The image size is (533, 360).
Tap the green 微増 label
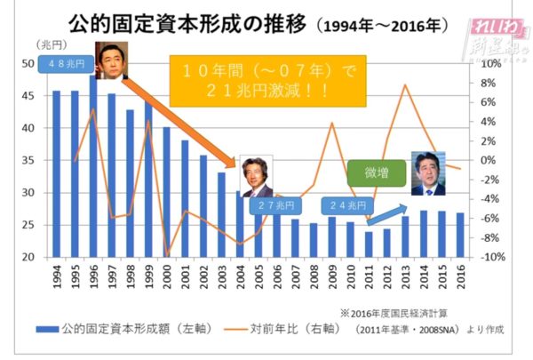coord(376,172)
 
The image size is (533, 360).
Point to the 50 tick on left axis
coord(28,64)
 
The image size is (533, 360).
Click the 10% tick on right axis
coord(490,64)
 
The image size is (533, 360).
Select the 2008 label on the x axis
coord(313,278)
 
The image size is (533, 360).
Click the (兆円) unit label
coord(48,44)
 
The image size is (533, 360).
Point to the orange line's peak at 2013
coord(404,85)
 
